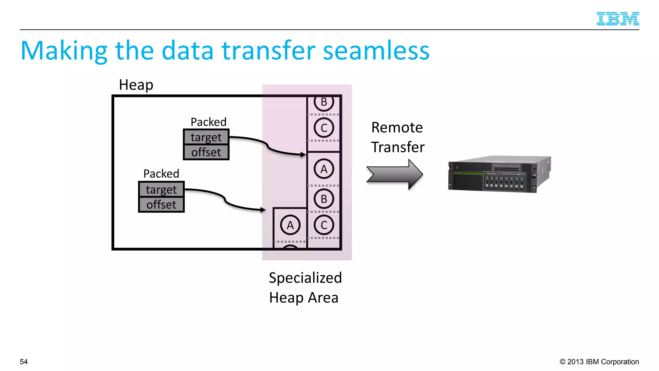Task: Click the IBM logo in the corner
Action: pyautogui.click(x=617, y=19)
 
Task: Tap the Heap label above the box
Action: pyautogui.click(x=136, y=85)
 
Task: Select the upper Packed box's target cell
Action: pyautogui.click(x=206, y=137)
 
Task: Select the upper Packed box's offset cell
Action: pyautogui.click(x=206, y=152)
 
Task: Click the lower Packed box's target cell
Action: pyautogui.click(x=161, y=189)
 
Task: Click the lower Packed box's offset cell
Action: pyautogui.click(x=161, y=205)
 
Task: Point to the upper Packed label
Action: pyautogui.click(x=209, y=122)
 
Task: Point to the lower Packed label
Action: pyautogui.click(x=161, y=174)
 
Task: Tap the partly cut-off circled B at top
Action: pyautogui.click(x=324, y=102)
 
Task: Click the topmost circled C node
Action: pyautogui.click(x=324, y=128)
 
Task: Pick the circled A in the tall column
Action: pyautogui.click(x=324, y=169)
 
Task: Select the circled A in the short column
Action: pyautogui.click(x=290, y=225)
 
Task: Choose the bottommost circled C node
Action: pyautogui.click(x=324, y=225)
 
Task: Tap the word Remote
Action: pyautogui.click(x=397, y=128)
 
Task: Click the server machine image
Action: pyautogui.click(x=499, y=174)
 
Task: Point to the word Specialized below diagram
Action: pyautogui.click(x=305, y=278)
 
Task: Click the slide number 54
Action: pyautogui.click(x=24, y=362)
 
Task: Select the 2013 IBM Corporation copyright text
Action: pyautogui.click(x=599, y=362)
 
